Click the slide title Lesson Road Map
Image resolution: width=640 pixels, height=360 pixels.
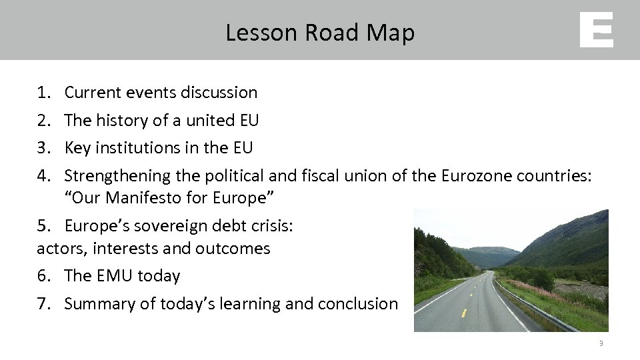click(x=320, y=32)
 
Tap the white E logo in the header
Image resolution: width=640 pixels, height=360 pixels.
click(x=596, y=31)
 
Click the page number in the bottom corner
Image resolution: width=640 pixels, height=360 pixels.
click(x=601, y=344)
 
